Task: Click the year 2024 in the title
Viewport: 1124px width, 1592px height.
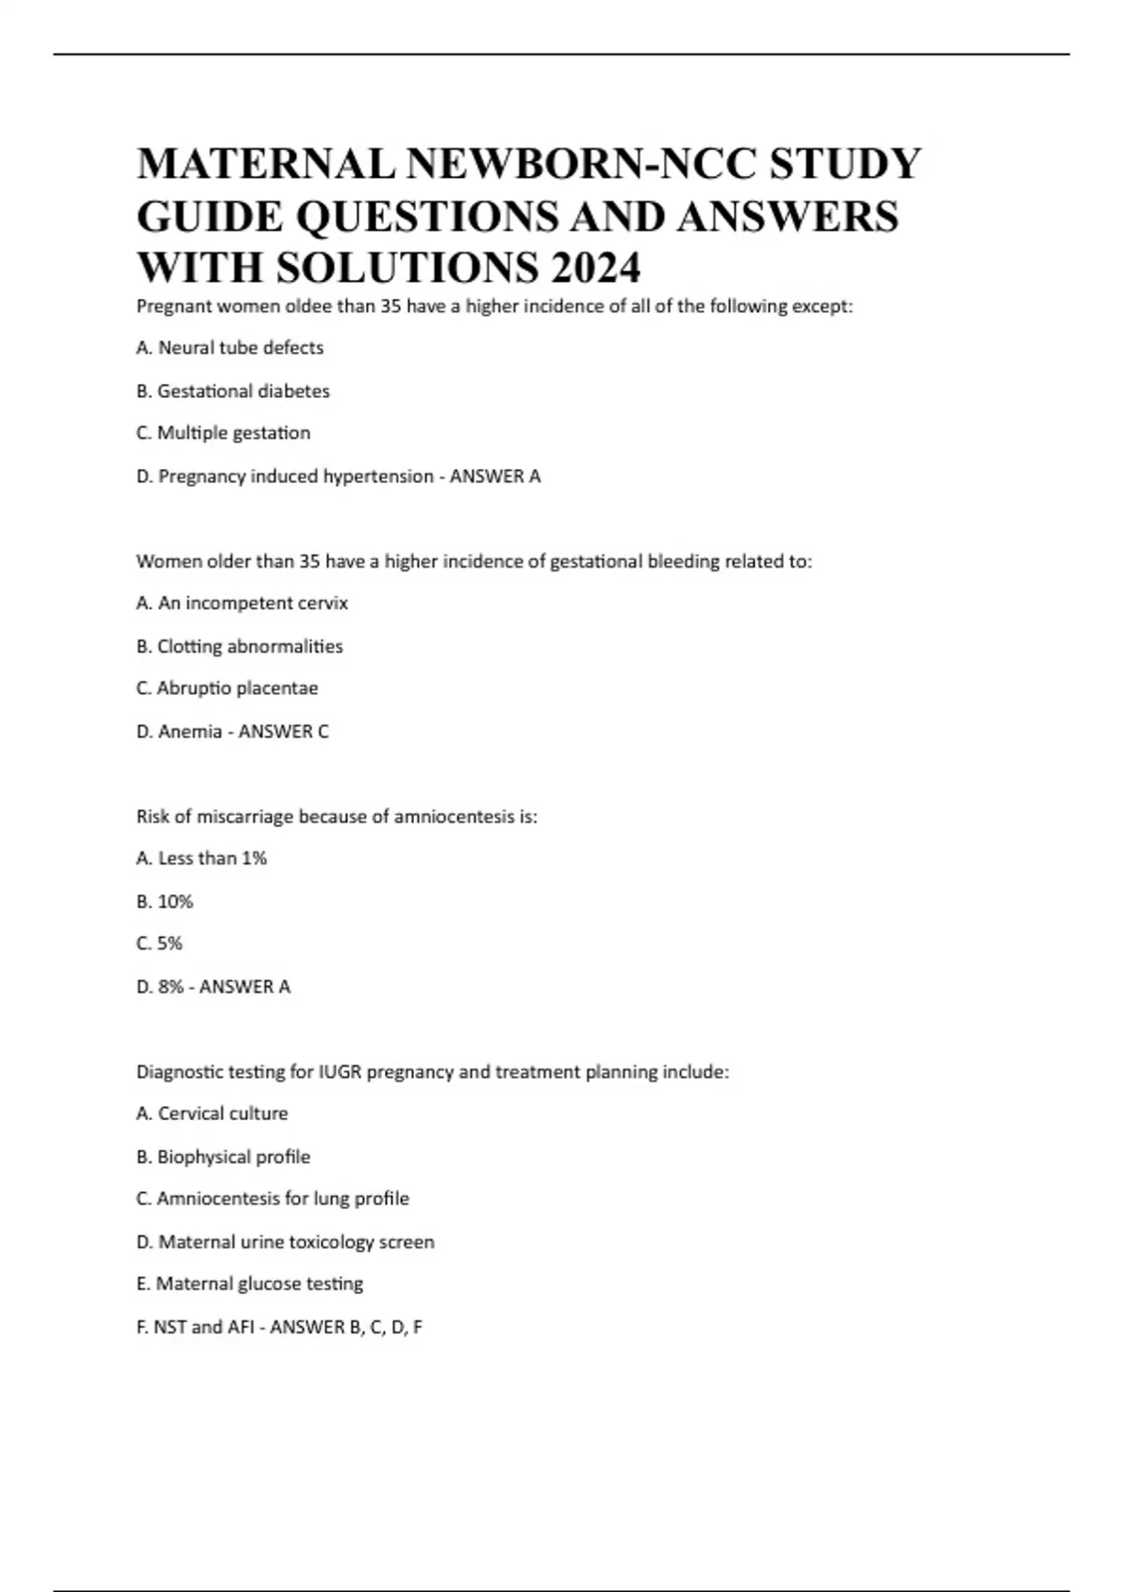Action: click(596, 268)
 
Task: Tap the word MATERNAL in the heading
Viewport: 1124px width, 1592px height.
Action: click(266, 165)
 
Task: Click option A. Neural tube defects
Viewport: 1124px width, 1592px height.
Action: click(229, 347)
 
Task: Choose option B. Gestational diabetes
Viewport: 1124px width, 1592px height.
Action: click(233, 391)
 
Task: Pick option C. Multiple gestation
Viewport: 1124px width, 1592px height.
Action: click(223, 433)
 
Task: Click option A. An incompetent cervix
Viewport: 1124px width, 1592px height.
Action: click(242, 603)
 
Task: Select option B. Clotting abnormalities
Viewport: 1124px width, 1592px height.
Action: click(240, 646)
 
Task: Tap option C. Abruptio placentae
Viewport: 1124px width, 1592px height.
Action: click(227, 688)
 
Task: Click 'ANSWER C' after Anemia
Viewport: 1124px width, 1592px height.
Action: click(284, 731)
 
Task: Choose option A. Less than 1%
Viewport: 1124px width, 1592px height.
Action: click(201, 858)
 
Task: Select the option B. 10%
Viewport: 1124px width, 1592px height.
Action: click(165, 901)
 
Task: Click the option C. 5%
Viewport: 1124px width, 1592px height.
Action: click(159, 943)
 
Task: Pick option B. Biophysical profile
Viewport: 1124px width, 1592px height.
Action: click(223, 1157)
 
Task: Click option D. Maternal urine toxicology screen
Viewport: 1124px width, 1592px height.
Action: click(285, 1242)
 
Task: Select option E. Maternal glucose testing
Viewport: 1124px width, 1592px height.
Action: click(249, 1284)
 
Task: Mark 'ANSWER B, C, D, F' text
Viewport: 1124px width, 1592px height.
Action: click(346, 1327)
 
